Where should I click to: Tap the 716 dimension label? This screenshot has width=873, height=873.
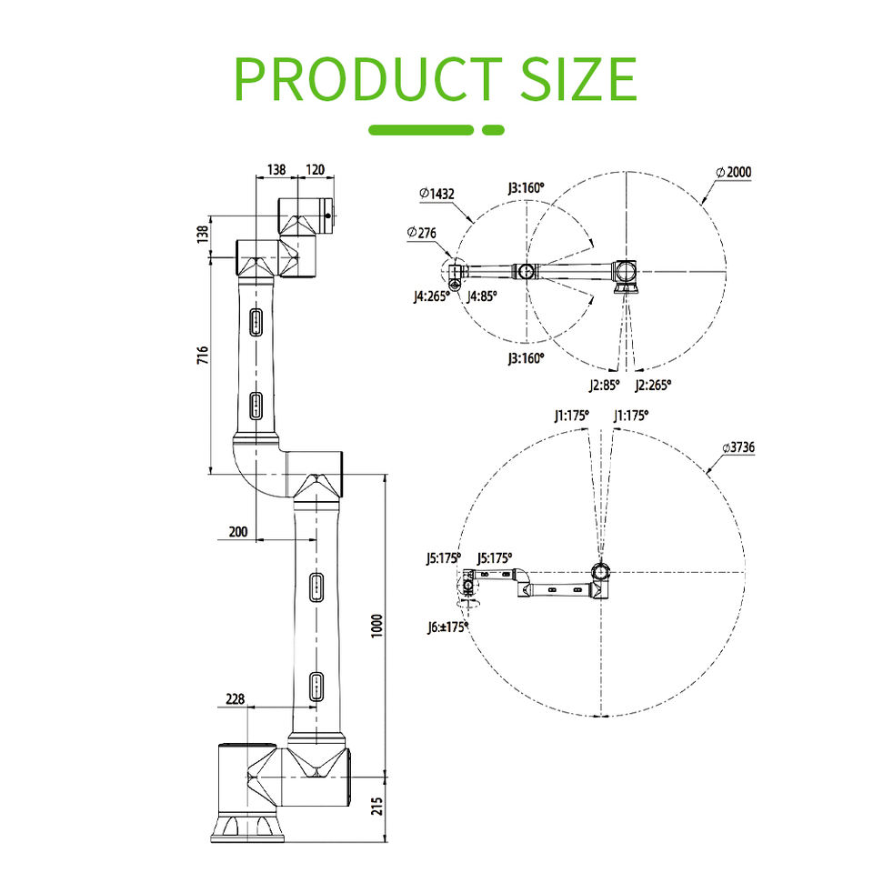(x=203, y=356)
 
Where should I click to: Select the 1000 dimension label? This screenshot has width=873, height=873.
(x=376, y=626)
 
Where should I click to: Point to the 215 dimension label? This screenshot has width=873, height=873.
(x=376, y=807)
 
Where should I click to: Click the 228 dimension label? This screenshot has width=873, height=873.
(x=235, y=698)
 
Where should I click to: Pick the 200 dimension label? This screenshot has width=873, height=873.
(x=237, y=532)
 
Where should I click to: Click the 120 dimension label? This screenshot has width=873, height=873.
(x=316, y=169)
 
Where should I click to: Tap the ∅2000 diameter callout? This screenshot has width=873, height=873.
(x=734, y=172)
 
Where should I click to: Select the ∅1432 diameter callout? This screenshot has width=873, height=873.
(x=437, y=194)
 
